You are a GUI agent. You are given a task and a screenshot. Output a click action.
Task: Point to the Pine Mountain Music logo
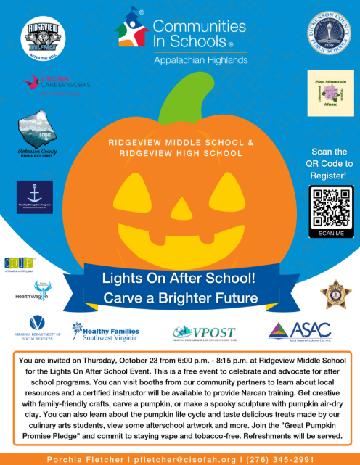pyautogui.click(x=327, y=94)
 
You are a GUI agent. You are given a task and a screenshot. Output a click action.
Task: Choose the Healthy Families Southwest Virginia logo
pyautogui.click(x=105, y=332)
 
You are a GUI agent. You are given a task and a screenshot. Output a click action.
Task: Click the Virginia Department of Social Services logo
pyautogui.click(x=36, y=331)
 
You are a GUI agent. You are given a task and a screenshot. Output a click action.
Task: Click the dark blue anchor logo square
pyautogui.click(x=35, y=198)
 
